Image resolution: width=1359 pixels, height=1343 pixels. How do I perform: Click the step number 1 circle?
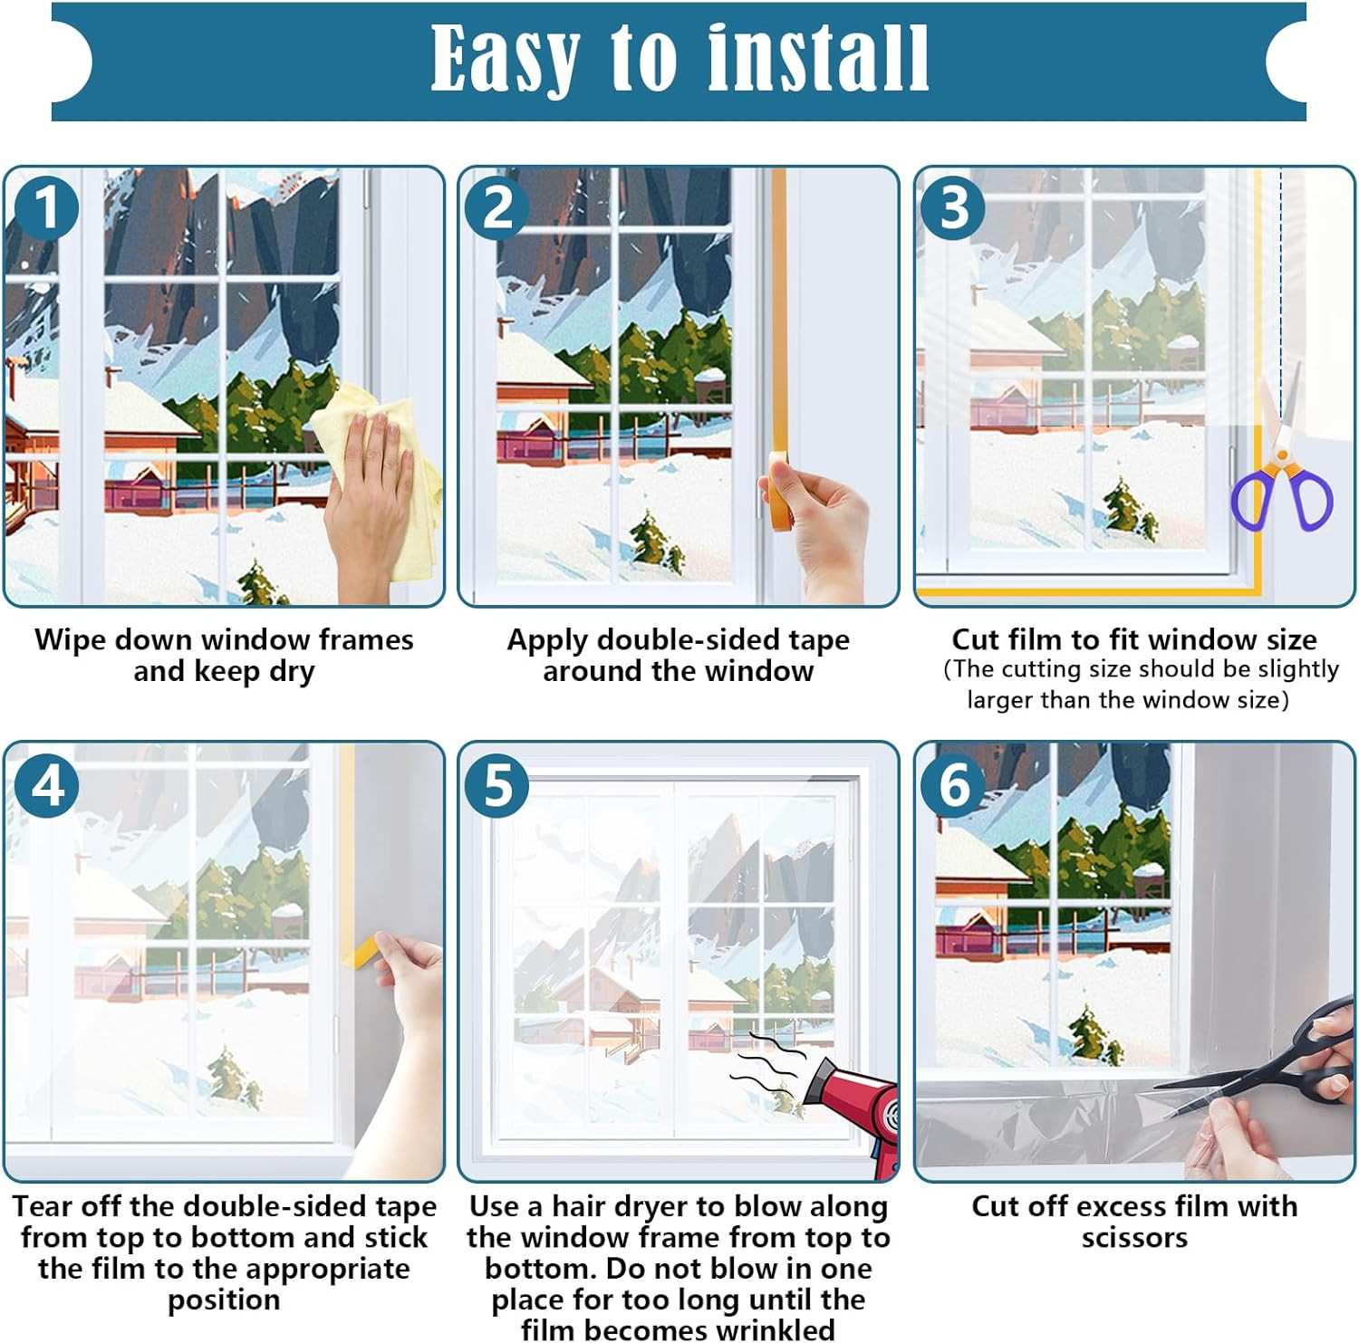45,207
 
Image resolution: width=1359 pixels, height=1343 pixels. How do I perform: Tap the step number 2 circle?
497,207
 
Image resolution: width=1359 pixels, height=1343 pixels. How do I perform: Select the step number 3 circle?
953,207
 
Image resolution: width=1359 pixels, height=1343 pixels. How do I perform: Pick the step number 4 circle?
47,784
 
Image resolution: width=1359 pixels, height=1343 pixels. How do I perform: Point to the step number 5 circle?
497,784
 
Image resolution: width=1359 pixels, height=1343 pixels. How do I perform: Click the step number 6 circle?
953,784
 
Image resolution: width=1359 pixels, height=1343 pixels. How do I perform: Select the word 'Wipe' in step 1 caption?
70,640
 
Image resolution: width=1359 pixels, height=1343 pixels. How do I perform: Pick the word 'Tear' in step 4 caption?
42,1207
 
